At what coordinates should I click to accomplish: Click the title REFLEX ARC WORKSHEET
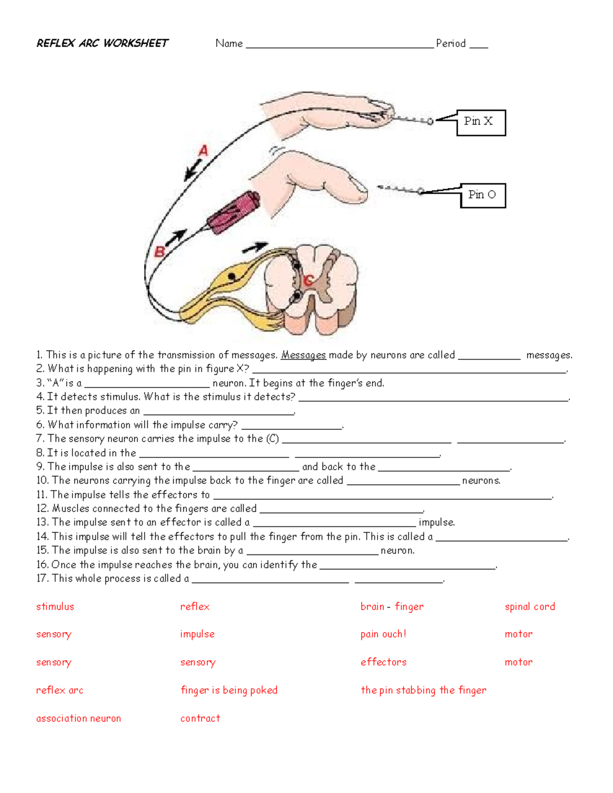pyautogui.click(x=102, y=43)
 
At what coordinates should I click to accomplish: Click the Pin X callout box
pyautogui.click(x=481, y=123)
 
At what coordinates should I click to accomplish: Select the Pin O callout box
pyautogui.click(x=483, y=196)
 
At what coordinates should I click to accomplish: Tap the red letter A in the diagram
pyautogui.click(x=203, y=151)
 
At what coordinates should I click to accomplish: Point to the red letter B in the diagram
pyautogui.click(x=159, y=252)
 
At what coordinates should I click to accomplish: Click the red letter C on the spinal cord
pyautogui.click(x=308, y=280)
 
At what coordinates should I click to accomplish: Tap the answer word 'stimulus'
pyautogui.click(x=55, y=607)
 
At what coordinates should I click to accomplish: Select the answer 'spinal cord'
pyautogui.click(x=530, y=607)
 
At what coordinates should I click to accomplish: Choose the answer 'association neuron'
pyautogui.click(x=79, y=718)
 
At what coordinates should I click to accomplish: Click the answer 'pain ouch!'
pyautogui.click(x=383, y=634)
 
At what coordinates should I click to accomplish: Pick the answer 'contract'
pyautogui.click(x=200, y=718)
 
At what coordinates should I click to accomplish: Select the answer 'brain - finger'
pyautogui.click(x=392, y=607)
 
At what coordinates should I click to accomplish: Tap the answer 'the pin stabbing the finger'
pyautogui.click(x=423, y=690)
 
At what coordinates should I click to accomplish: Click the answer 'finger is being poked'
pyautogui.click(x=229, y=690)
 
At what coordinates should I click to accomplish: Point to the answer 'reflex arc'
pyautogui.click(x=60, y=690)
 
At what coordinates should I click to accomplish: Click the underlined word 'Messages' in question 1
pyautogui.click(x=303, y=355)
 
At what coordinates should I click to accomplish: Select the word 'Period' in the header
pyautogui.click(x=451, y=43)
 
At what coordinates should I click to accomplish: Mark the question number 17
pyautogui.click(x=42, y=579)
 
